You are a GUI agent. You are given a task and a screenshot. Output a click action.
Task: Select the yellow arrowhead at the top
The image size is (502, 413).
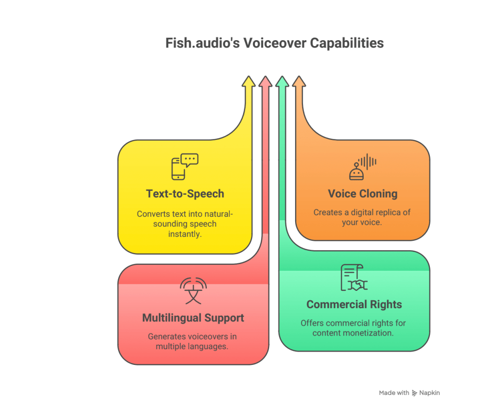(x=249, y=82)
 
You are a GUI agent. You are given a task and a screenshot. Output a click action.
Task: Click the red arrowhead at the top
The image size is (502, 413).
(x=265, y=82)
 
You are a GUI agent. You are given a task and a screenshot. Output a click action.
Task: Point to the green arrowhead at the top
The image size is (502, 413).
(x=282, y=82)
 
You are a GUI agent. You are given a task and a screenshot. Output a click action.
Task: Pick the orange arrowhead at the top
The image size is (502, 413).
(x=299, y=82)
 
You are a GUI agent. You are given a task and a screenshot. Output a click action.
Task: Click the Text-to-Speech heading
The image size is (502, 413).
(x=185, y=194)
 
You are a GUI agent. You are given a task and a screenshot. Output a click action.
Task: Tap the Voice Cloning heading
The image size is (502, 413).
(x=363, y=194)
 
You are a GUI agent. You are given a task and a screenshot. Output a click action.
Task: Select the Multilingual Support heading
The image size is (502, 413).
(x=193, y=318)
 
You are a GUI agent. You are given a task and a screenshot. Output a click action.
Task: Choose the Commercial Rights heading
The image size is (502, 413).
(x=354, y=305)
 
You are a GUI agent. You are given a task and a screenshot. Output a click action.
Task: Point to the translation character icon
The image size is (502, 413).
(x=193, y=291)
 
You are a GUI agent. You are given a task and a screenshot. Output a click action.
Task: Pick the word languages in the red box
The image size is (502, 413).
(x=211, y=346)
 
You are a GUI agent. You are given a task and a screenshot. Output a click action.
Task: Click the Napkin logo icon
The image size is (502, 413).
(x=415, y=393)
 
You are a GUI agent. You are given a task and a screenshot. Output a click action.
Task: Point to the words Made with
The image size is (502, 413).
(x=394, y=393)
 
